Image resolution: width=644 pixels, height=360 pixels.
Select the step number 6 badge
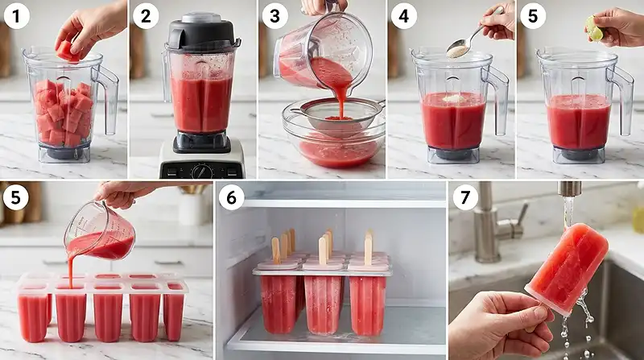coord(232,198)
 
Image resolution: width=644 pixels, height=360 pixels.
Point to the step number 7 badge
coord(463,198)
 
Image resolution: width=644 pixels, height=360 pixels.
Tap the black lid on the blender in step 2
coord(203,33)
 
